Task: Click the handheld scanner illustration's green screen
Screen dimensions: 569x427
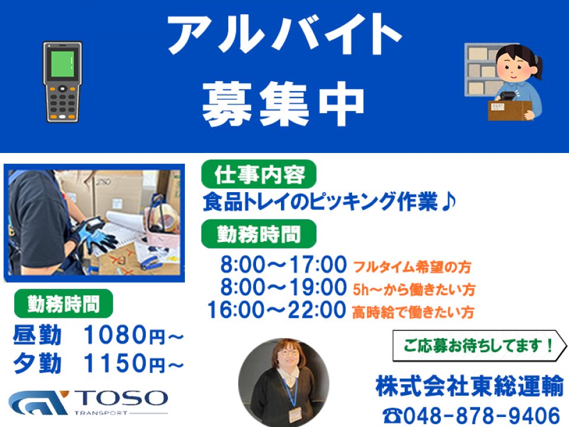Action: pos(62,64)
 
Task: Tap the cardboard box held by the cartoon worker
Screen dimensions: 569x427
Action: pos(510,110)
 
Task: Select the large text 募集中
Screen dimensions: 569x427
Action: pos(283,104)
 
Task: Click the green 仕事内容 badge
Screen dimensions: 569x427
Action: pos(259,174)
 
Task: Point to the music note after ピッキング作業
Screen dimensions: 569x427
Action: pos(448,202)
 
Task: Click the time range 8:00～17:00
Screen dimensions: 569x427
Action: pos(283,265)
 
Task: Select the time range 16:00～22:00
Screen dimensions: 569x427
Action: pos(277,310)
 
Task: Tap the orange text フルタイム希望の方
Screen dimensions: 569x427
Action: pos(413,267)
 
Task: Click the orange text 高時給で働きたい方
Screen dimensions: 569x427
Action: pos(413,313)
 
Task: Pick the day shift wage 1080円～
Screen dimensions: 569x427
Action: pos(134,334)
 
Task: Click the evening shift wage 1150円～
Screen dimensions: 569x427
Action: pos(134,363)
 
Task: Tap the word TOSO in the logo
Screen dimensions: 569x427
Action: pos(121,399)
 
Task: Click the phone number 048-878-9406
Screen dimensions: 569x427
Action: pos(482,415)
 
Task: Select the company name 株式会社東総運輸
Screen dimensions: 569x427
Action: pos(469,386)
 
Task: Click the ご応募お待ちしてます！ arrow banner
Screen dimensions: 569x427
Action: pos(480,346)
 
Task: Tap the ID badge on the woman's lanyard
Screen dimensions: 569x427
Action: pos(295,415)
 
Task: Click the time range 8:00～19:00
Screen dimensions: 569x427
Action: pos(283,287)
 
